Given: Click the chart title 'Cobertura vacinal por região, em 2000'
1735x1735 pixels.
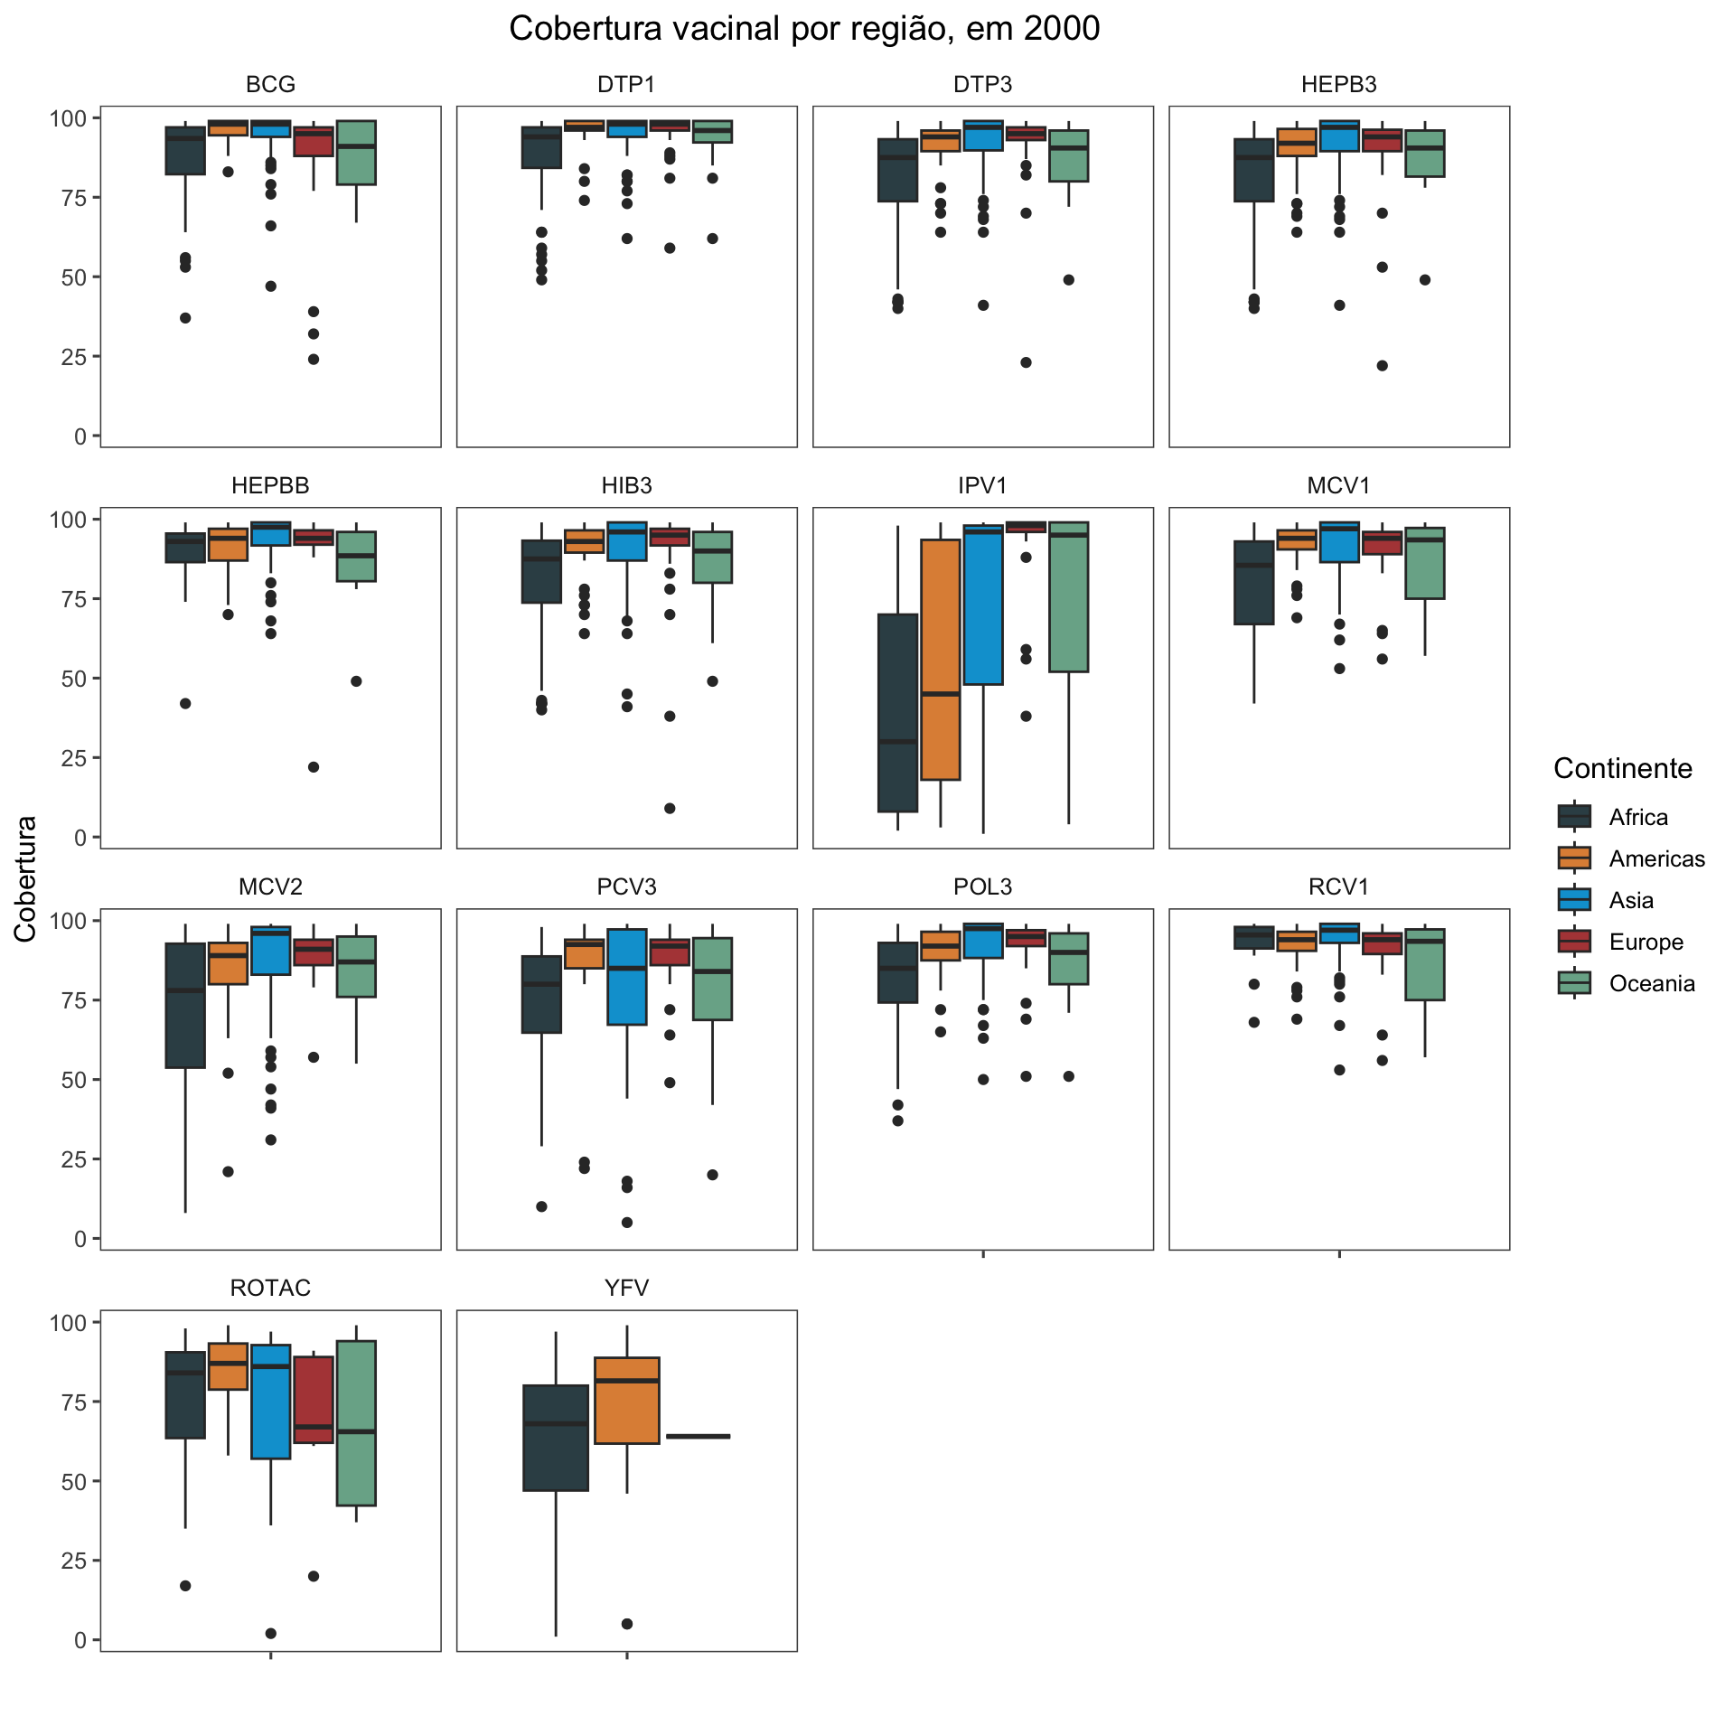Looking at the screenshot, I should coord(804,29).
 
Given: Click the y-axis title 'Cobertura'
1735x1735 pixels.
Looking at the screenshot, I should coord(25,878).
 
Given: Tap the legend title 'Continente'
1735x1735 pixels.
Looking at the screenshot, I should coord(1622,768).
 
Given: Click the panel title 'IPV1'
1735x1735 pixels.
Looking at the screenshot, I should coord(982,485).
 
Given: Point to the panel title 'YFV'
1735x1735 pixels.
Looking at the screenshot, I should coord(626,1288).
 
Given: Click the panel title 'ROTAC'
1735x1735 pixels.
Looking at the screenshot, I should coord(270,1288).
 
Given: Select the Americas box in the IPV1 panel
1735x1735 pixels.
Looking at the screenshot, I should coord(941,660).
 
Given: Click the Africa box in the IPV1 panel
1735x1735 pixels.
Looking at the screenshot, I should coord(897,713).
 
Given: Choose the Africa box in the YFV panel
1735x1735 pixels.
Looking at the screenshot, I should coord(556,1438).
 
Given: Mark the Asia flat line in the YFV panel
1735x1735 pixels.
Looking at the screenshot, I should coord(698,1436).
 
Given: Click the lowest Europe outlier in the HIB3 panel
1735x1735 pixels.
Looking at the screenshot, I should coord(670,808).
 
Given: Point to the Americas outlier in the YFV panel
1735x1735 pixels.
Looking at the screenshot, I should coord(627,1624).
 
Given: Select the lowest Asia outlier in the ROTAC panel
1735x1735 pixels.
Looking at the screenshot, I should coord(271,1633).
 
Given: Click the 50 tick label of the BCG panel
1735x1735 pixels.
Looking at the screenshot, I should coord(73,277).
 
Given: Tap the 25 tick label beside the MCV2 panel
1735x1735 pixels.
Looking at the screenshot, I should coord(73,1159).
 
